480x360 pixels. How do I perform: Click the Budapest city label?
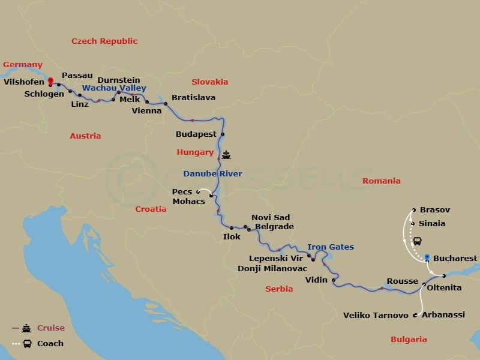coord(196,134)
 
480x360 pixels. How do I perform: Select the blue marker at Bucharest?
coord(427,258)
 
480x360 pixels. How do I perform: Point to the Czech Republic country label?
coord(104,41)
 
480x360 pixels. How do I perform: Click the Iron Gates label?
coord(331,247)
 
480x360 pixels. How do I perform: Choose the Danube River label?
coord(212,174)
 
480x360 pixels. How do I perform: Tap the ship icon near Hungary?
coord(226,155)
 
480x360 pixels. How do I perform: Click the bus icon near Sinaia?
coord(416,241)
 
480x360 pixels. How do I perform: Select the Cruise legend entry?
coord(50,328)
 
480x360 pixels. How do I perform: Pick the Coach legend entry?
coord(50,344)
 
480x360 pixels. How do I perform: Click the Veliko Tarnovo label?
coord(376,315)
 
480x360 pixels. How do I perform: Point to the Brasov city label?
coord(435,210)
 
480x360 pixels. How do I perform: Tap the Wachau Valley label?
coord(114,88)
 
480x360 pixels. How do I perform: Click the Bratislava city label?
coord(193,97)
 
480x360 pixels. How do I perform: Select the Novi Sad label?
coord(271,217)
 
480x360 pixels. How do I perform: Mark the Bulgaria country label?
coord(409,339)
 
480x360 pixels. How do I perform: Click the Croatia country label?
coord(151,209)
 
